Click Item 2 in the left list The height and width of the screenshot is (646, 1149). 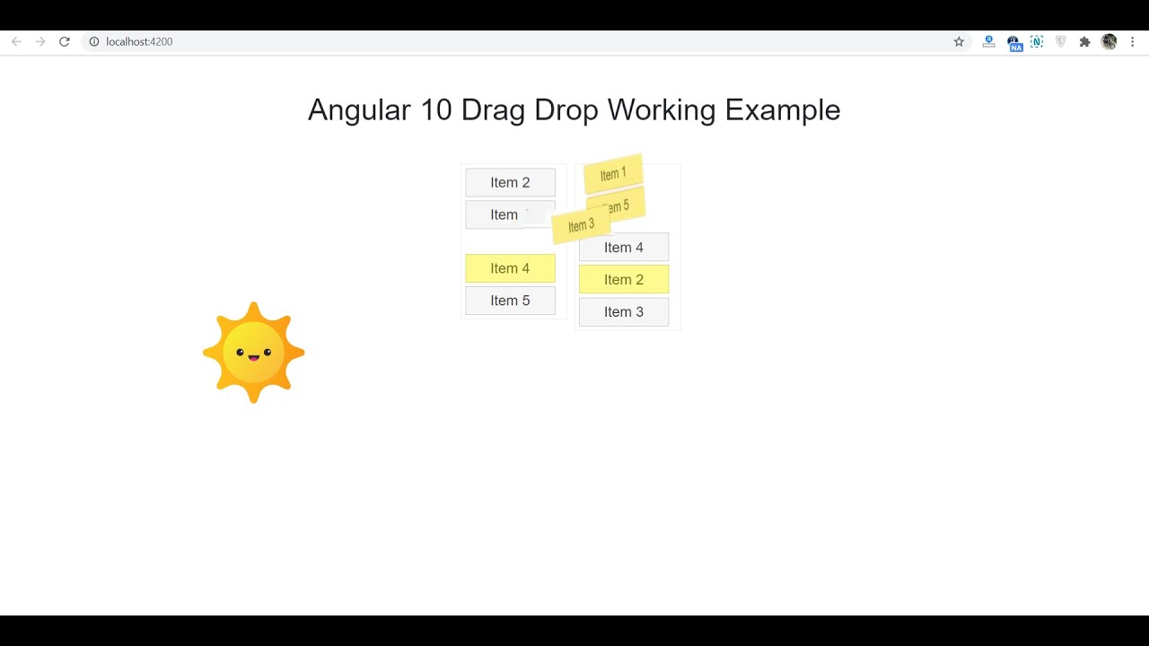coord(510,182)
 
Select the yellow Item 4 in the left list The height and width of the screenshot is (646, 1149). coord(510,268)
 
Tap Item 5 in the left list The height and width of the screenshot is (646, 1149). coord(510,301)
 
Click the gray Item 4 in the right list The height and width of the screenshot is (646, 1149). coord(624,248)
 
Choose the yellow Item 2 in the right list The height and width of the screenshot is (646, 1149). coord(624,280)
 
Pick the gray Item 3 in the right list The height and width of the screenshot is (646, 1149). coord(624,312)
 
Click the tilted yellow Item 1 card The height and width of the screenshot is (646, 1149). coord(613,174)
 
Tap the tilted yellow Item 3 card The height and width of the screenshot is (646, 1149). coord(581,226)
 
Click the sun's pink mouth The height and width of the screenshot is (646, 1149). coord(254,358)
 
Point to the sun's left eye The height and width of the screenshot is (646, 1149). coord(241,353)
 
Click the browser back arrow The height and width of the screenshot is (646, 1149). coord(16,41)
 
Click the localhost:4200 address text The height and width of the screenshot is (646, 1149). coord(139,41)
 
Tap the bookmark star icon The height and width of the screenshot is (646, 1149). coord(959,41)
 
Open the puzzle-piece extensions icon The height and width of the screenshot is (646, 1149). coord(1084,41)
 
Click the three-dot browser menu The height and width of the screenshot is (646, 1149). coord(1132,41)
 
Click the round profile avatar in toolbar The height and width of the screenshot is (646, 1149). coord(1110,41)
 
